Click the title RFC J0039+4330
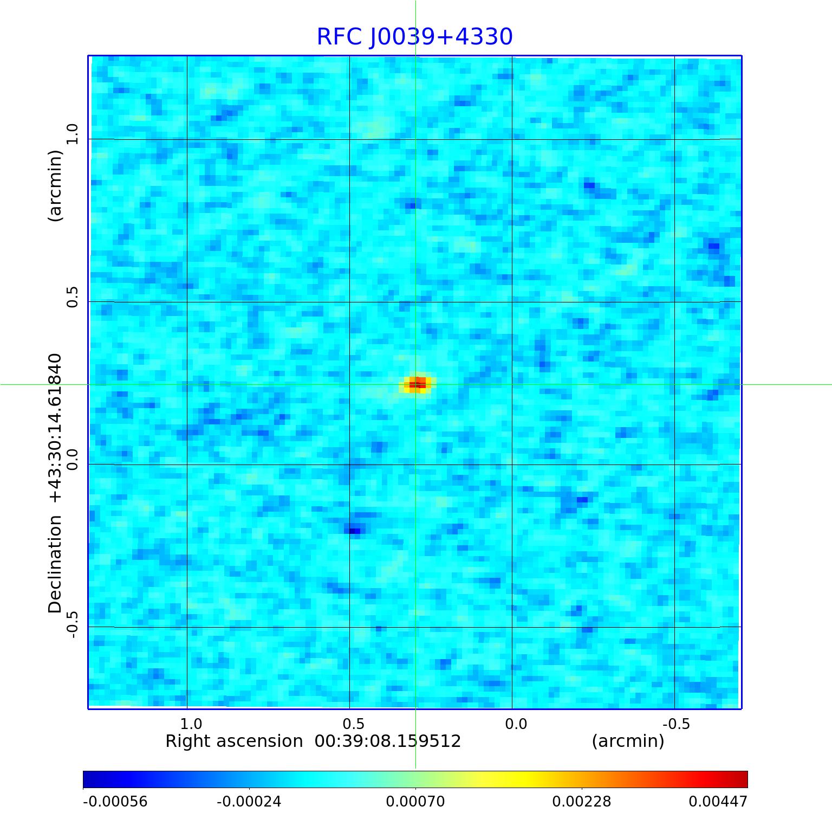[414, 37]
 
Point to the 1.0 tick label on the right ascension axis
[191, 724]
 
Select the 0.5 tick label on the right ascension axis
[353, 724]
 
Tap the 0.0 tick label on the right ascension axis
[516, 724]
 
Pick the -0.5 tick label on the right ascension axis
[676, 724]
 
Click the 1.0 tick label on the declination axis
[73, 134]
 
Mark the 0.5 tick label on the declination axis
[73, 297]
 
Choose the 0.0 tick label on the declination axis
[73, 459]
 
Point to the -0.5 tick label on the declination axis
[73, 624]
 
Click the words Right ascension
[234, 741]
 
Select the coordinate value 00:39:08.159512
[388, 741]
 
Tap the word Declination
[55, 564]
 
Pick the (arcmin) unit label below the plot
[628, 741]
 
